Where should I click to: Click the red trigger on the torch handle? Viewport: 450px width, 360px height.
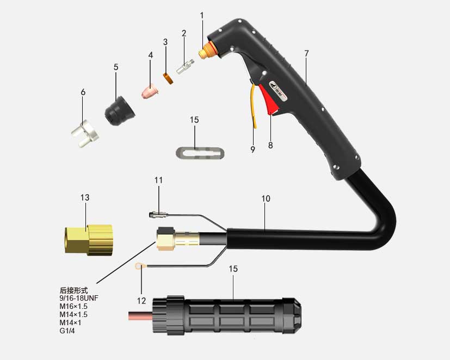[x=269, y=100]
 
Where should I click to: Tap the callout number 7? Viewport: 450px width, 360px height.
[x=306, y=53]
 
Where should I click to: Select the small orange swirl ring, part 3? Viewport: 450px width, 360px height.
[x=168, y=79]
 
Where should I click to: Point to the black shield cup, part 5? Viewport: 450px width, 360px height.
[x=120, y=111]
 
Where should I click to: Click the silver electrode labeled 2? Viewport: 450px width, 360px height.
[x=185, y=66]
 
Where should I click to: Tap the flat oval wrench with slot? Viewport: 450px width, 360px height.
[x=200, y=152]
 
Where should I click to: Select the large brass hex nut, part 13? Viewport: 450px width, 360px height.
[x=88, y=239]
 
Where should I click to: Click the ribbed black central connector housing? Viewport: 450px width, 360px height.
[x=227, y=316]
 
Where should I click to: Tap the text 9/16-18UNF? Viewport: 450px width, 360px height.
[x=79, y=298]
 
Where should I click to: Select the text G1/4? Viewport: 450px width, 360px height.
[x=67, y=331]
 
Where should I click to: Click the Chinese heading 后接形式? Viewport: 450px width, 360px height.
[x=74, y=290]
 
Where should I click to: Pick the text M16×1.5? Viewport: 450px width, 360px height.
[x=73, y=306]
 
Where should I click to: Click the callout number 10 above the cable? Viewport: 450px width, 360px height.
[x=266, y=198]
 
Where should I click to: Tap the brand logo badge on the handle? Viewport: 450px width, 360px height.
[x=278, y=91]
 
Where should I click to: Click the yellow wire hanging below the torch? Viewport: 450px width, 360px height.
[x=253, y=105]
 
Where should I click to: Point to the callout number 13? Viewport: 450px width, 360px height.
[x=85, y=197]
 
